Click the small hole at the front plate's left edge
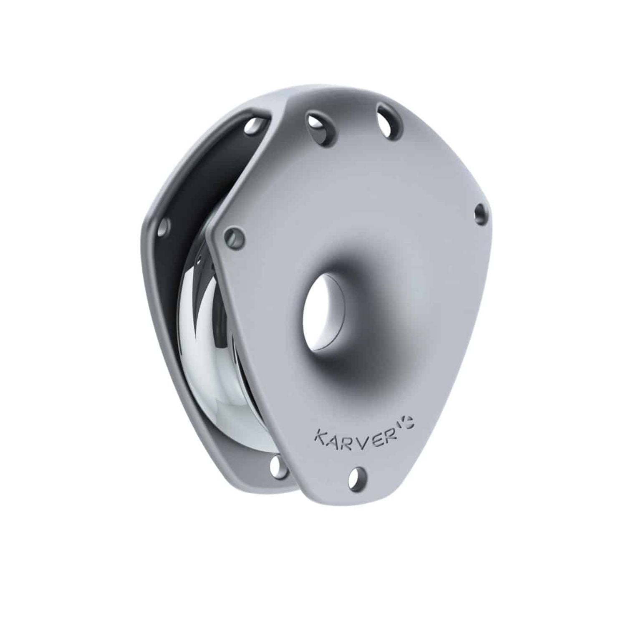[234, 237]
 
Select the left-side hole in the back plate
[164, 227]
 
